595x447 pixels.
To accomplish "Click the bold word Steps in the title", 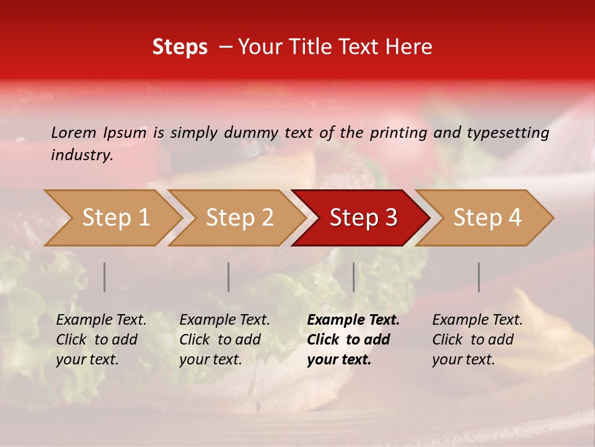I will click(x=180, y=47).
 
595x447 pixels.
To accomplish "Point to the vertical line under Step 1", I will click(x=105, y=277).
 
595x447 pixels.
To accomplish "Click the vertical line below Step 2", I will click(x=229, y=277).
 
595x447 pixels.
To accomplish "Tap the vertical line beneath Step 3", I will click(x=353, y=277).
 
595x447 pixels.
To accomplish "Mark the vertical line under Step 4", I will click(x=478, y=277).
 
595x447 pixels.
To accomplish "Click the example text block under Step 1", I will click(x=101, y=340).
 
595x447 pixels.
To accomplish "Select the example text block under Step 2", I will click(x=224, y=340).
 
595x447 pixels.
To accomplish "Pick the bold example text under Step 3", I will click(x=353, y=340).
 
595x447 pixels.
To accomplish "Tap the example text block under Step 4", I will click(x=477, y=340).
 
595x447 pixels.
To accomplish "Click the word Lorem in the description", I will click(x=73, y=132).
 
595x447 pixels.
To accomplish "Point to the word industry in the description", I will click(x=82, y=155).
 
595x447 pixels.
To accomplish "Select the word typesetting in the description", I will click(x=508, y=132).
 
